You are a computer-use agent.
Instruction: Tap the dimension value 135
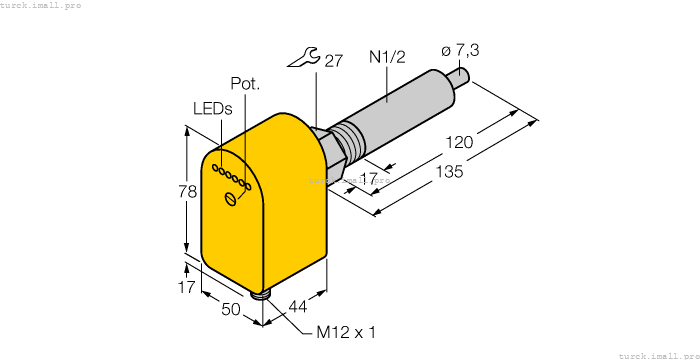pos(449,172)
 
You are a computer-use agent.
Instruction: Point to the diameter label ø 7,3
pos(462,51)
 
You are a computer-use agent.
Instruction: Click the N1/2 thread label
pos(385,60)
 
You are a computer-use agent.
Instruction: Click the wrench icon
pos(302,61)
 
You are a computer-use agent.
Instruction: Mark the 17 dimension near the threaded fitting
pos(368,179)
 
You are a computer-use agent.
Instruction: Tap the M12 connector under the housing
pos(263,292)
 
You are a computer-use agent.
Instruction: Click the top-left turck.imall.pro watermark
pos(41,5)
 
